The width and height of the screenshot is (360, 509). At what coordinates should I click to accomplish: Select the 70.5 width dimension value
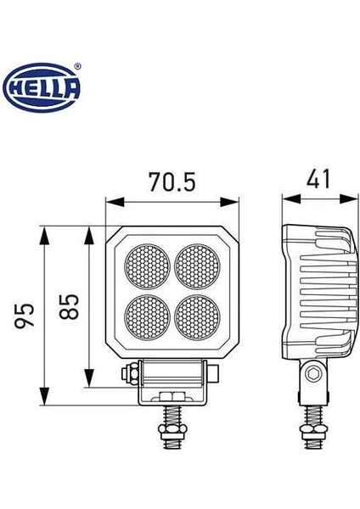(172, 182)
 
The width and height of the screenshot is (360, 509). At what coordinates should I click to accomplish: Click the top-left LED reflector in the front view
(147, 266)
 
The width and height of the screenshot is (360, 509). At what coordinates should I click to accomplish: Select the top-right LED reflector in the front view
(196, 266)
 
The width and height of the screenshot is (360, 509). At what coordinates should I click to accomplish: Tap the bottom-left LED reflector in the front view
(147, 315)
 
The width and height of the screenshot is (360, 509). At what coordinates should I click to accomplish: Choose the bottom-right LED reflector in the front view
(196, 315)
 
